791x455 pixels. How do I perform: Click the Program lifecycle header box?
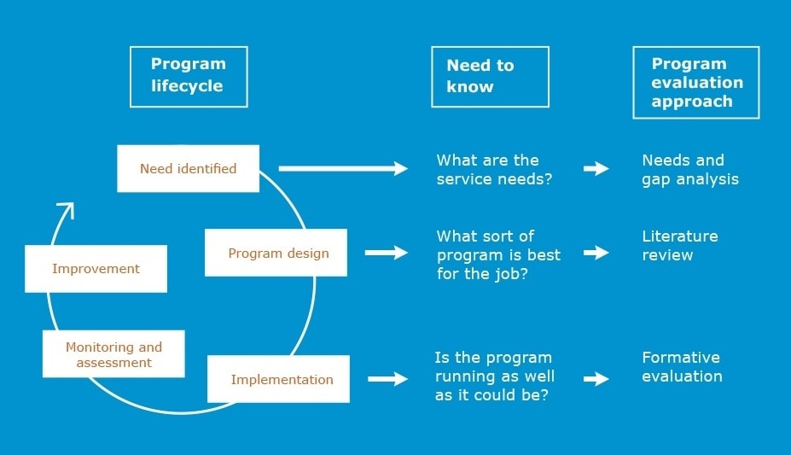(189, 76)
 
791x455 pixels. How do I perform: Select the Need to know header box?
(490, 76)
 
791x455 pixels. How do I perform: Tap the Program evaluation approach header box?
(695, 82)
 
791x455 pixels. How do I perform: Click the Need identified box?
(188, 168)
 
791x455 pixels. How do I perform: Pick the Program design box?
(276, 253)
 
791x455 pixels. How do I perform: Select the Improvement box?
(96, 268)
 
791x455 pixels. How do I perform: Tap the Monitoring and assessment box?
(113, 354)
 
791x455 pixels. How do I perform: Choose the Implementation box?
(279, 379)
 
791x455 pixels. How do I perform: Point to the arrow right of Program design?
(387, 253)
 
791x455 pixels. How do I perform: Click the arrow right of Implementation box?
(387, 378)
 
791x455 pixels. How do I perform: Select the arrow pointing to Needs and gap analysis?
(596, 168)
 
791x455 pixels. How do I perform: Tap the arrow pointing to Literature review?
(596, 253)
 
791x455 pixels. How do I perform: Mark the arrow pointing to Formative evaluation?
(596, 378)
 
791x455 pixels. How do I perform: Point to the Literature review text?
(680, 245)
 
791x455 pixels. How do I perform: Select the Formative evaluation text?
(682, 366)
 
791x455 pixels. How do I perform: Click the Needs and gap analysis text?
(689, 169)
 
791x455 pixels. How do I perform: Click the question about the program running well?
(495, 376)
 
